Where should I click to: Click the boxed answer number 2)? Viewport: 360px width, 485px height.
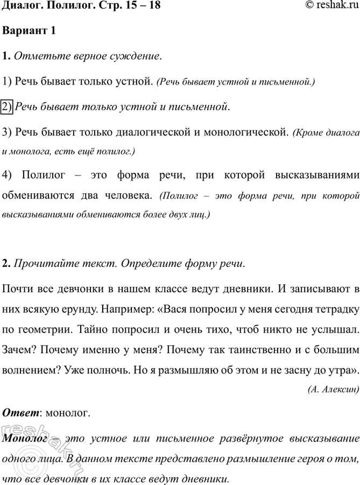pos(8,107)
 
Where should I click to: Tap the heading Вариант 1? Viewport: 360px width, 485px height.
pos(29,31)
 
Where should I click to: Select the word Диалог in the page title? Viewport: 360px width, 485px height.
pos(21,6)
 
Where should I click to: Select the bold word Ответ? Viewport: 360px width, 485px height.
pos(22,413)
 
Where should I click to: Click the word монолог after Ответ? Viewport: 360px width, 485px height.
pos(69,413)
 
